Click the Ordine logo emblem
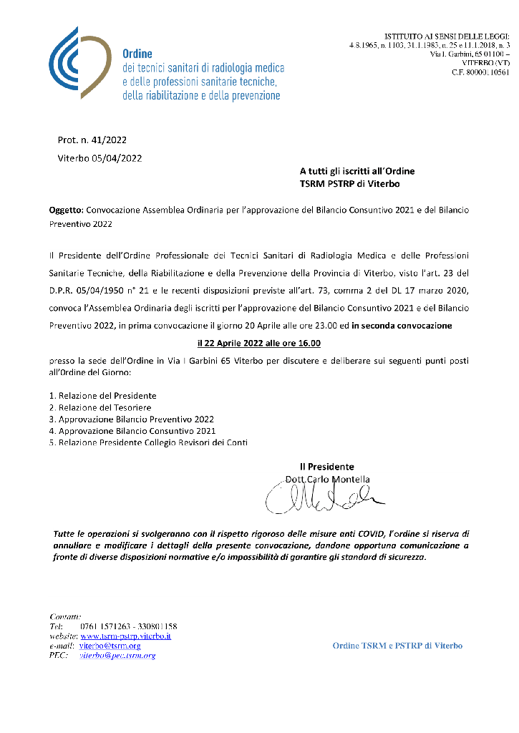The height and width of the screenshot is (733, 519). (x=79, y=62)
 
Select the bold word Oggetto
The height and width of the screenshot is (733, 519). (x=66, y=211)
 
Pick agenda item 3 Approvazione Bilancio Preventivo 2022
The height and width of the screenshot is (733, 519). (x=131, y=419)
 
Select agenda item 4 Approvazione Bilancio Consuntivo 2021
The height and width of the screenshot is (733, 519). (x=132, y=431)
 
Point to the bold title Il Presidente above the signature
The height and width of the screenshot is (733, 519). (x=326, y=467)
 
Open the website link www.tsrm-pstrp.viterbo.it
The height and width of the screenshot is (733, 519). (x=125, y=636)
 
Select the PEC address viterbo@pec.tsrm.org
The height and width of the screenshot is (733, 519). (x=117, y=655)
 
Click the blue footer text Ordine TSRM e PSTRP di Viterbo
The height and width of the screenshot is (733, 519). (x=397, y=646)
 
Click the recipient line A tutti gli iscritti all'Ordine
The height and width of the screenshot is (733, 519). (x=356, y=171)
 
